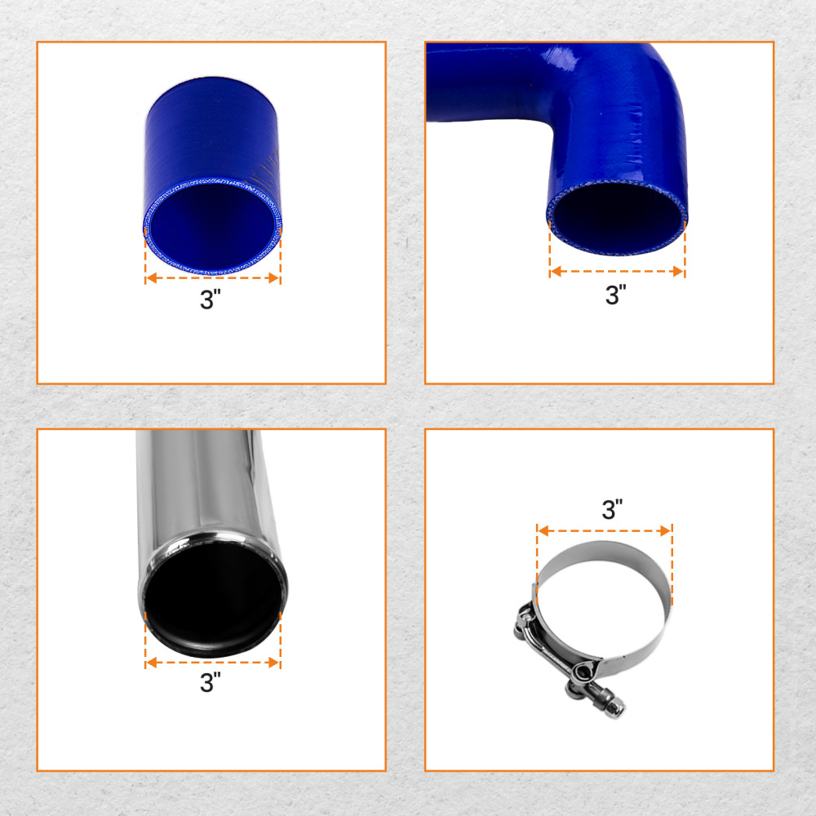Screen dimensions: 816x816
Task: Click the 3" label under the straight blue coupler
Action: pos(211,299)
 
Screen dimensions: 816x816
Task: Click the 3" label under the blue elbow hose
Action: pos(615,295)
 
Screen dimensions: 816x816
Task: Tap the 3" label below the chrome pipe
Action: pos(211,683)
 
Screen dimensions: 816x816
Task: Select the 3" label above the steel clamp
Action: pos(612,510)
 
